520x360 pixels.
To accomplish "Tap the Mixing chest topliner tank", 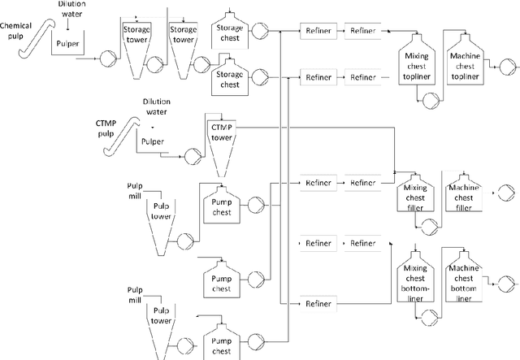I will pos(416,62).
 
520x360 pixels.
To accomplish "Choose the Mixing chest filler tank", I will pos(415,195).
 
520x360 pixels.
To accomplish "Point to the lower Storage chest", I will pos(228,78).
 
